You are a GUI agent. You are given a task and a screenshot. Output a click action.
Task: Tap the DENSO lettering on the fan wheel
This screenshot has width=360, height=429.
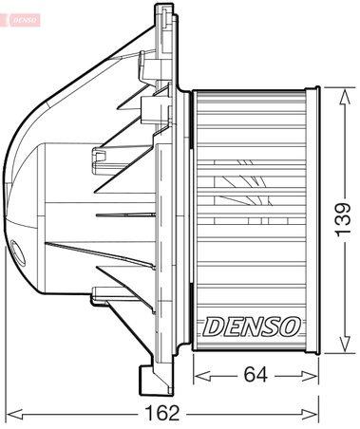[251, 326]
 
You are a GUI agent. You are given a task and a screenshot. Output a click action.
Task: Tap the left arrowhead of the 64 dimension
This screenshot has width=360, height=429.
[199, 377]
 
